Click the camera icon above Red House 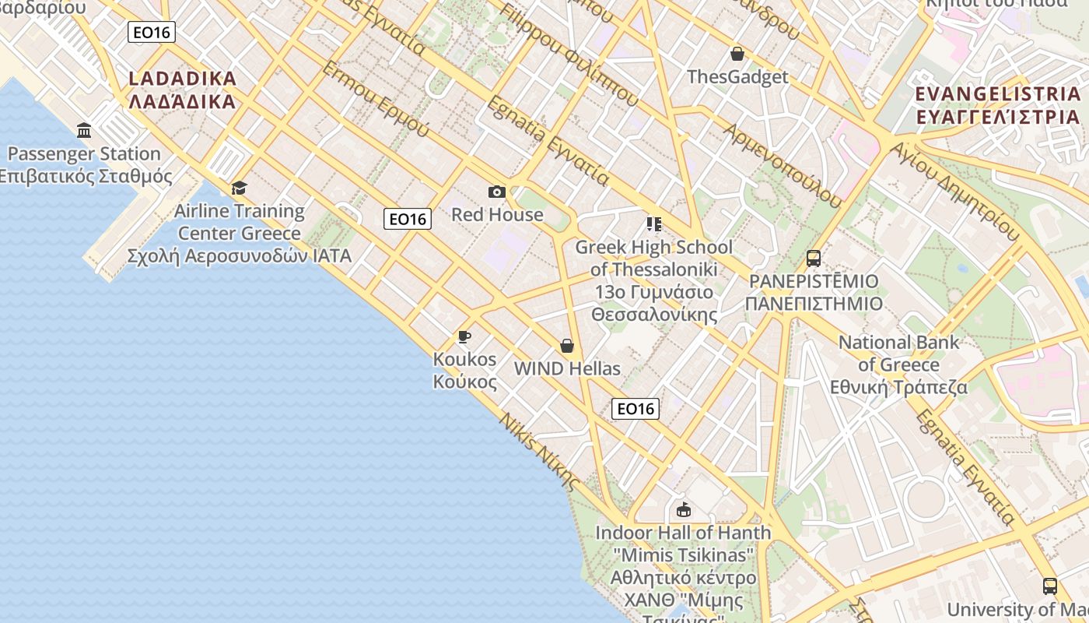pos(496,192)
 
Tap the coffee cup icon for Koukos pos(464,336)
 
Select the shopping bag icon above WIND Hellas pos(567,346)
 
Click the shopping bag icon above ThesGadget pos(737,54)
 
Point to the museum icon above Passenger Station pos(84,130)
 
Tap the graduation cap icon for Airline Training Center pos(239,188)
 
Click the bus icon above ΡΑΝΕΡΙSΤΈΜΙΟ pos(813,258)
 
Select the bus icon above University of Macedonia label pos(1049,586)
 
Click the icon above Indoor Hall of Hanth pos(683,510)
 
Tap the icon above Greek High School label pos(653,224)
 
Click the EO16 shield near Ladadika pos(152,32)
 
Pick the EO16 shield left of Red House pos(408,219)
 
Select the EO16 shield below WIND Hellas pos(635,409)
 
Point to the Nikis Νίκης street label pos(540,452)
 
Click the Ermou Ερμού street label pos(375,100)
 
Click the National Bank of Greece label pos(898,364)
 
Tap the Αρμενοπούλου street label pos(783,165)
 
